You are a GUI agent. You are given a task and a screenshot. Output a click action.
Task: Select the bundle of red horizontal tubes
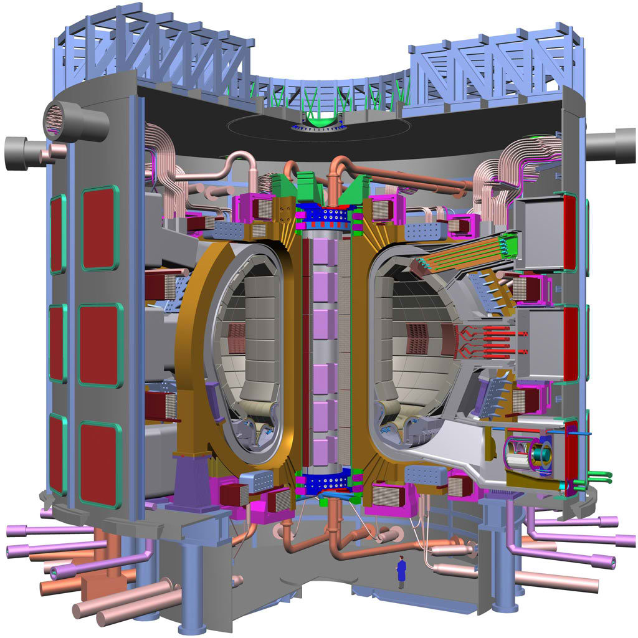click(492, 343)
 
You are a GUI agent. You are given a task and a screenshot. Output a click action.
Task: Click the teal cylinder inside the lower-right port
click(538, 455)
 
